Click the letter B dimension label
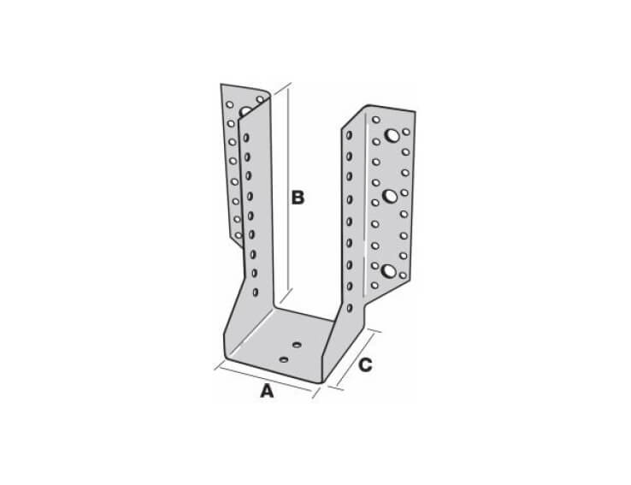pyautogui.click(x=297, y=198)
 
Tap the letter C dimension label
pyautogui.click(x=364, y=366)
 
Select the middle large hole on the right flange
pyautogui.click(x=390, y=196)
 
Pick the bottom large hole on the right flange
pyautogui.click(x=389, y=272)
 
